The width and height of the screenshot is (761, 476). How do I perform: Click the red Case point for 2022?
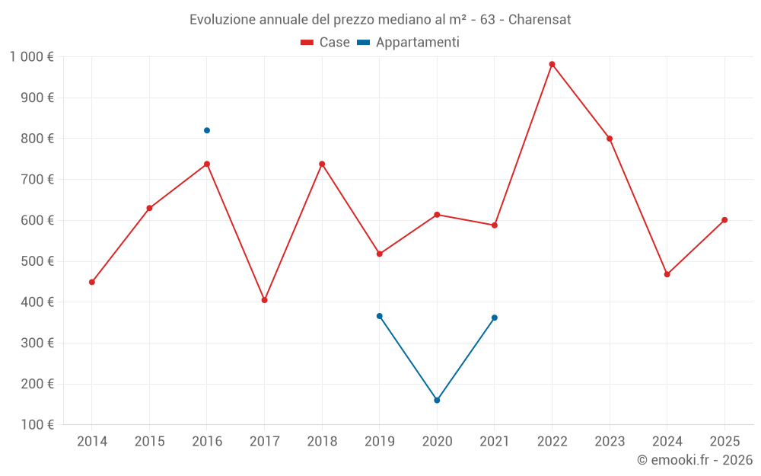[x=552, y=64]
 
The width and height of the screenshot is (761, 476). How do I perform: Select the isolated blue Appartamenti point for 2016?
[x=207, y=130]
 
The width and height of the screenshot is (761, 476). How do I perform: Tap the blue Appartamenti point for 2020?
[x=437, y=400]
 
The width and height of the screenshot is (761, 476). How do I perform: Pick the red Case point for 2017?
[x=264, y=300]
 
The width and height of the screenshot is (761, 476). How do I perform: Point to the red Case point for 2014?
[x=92, y=282]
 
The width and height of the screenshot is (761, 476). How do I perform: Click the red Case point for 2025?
[x=724, y=220]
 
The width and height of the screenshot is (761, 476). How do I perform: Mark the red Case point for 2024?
[x=667, y=274]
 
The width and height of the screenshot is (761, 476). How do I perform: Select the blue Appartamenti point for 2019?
[x=379, y=316]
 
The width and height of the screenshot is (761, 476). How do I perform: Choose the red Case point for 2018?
[x=322, y=164]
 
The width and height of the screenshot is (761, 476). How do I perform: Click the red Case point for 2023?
[x=610, y=139]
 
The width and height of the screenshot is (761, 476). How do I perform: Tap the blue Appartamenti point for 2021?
[x=495, y=318]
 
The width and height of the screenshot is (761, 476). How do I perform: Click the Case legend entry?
[x=326, y=43]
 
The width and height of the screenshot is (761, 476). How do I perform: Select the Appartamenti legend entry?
[x=409, y=43]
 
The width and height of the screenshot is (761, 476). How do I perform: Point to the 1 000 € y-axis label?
[x=32, y=57]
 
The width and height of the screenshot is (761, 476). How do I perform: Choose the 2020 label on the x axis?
[x=437, y=442]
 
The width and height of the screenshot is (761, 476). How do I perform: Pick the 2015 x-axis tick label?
[x=149, y=442]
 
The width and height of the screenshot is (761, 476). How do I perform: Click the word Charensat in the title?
[x=540, y=20]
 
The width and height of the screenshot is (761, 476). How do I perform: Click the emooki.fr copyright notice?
[x=695, y=460]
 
